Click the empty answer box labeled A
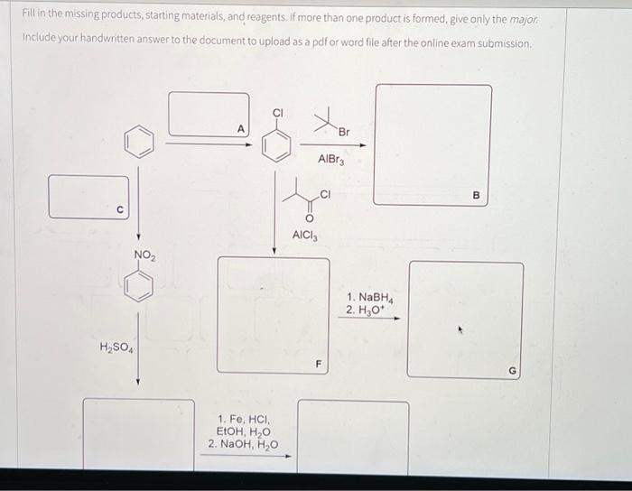tap(209, 115)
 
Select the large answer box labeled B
tap(433, 144)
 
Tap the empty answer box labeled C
tap(88, 197)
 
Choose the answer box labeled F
tap(273, 314)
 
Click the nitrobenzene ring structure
tap(139, 287)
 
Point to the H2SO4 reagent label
tap(114, 347)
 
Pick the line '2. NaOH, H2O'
tap(243, 444)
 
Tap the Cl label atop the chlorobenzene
tap(278, 113)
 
